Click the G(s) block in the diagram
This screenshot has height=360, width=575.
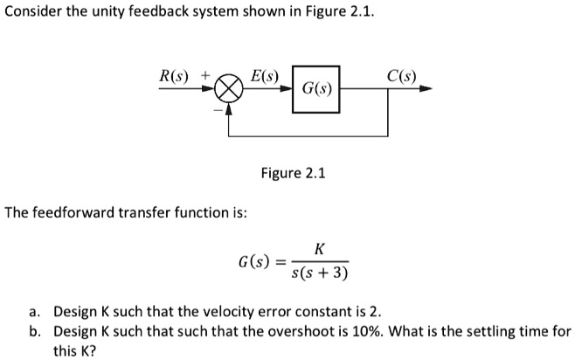click(x=315, y=88)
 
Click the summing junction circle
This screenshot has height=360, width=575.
click(x=229, y=89)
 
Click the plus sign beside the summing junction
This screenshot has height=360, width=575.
click(x=206, y=76)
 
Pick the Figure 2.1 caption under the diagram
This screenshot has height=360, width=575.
click(x=293, y=173)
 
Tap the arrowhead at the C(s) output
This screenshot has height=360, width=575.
click(x=426, y=89)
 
